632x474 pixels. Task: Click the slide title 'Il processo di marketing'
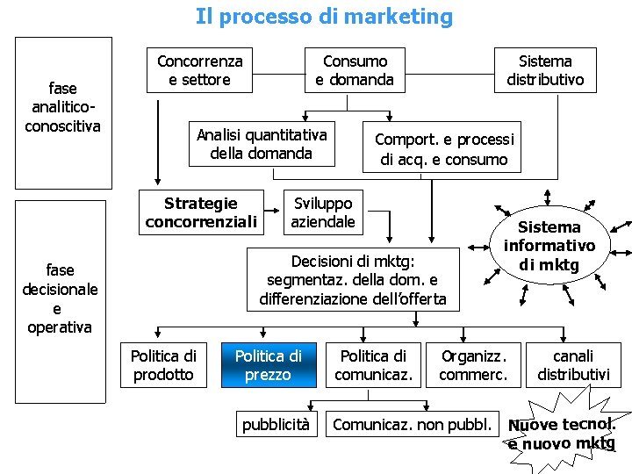324,17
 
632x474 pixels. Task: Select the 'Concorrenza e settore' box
199,70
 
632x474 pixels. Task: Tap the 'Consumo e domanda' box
355,70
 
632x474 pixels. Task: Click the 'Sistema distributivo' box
544,70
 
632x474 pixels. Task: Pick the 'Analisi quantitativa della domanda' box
262,143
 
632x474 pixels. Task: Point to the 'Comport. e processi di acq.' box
443,148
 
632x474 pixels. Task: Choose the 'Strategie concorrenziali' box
202,212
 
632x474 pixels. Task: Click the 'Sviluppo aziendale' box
323,212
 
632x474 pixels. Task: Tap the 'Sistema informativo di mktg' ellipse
549,246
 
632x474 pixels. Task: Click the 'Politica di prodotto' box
163,365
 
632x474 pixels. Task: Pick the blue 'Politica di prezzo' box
268,365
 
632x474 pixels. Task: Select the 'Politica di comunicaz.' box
373,365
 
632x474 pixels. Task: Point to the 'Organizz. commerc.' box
473,365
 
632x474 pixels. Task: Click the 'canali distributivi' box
572,365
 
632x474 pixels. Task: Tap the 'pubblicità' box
276,425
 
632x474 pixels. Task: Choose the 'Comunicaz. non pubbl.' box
412,425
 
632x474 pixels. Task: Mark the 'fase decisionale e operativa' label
60,298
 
